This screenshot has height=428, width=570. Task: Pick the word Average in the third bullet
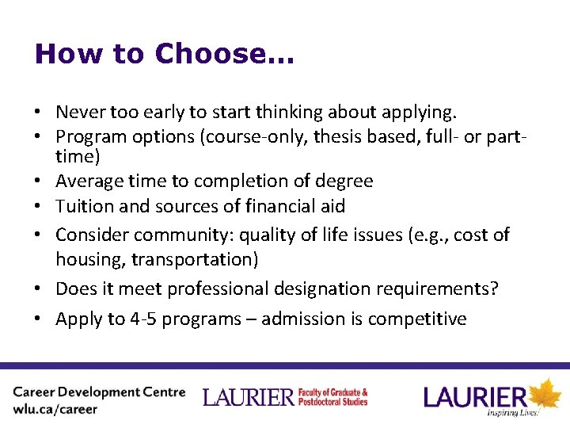[x=89, y=181]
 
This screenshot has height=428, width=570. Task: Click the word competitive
[x=420, y=319]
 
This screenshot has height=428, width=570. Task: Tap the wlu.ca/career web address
[x=55, y=410]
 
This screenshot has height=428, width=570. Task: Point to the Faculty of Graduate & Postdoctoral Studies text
[x=332, y=396]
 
